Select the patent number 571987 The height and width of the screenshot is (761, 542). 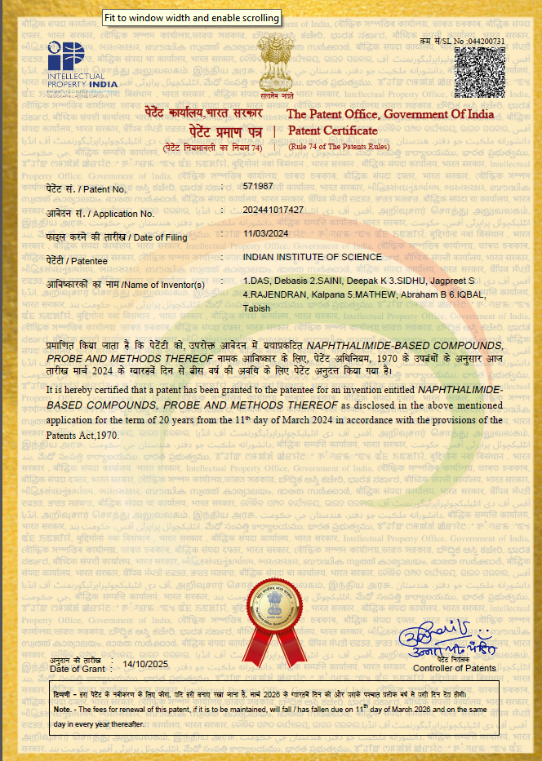click(x=258, y=187)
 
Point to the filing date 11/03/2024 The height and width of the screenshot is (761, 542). click(x=267, y=233)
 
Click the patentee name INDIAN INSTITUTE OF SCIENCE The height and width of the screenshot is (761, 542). click(x=312, y=257)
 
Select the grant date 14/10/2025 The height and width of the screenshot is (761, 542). click(x=144, y=665)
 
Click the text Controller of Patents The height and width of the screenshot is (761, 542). click(x=454, y=669)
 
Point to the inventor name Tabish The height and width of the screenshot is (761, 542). click(x=256, y=308)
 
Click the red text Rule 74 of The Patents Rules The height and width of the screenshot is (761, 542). click(x=339, y=147)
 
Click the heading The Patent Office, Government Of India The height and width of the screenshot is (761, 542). click(x=390, y=114)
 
